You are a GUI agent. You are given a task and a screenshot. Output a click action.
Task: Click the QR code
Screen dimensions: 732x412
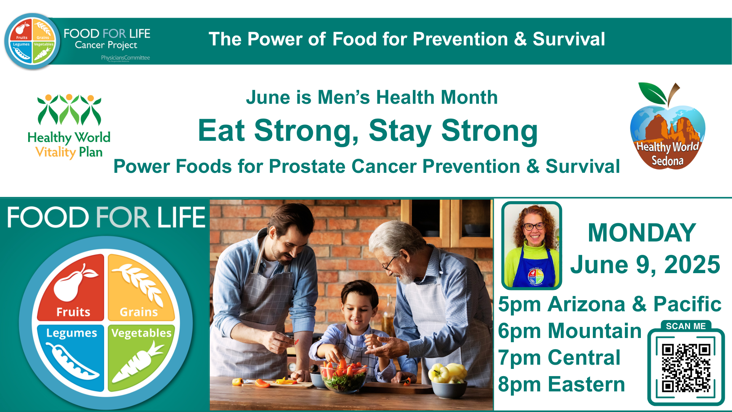(x=686, y=368)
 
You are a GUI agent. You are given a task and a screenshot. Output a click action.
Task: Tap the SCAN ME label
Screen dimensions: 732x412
(x=685, y=326)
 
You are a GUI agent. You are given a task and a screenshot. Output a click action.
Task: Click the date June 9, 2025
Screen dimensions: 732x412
(x=645, y=264)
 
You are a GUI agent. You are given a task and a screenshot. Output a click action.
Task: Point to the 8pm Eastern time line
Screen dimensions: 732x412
(x=561, y=384)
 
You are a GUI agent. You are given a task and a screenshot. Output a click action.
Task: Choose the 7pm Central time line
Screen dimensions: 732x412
(x=559, y=357)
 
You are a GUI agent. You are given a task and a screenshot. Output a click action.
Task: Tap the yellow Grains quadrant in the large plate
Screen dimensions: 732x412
(x=141, y=287)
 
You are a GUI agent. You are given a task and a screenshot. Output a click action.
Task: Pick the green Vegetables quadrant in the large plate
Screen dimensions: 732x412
(x=141, y=358)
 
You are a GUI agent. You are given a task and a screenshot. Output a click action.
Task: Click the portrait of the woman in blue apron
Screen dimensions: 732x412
(x=532, y=246)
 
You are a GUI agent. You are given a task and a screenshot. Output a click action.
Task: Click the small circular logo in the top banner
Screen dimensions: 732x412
(x=32, y=41)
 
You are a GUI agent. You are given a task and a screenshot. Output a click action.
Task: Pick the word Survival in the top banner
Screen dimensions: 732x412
(x=569, y=39)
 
